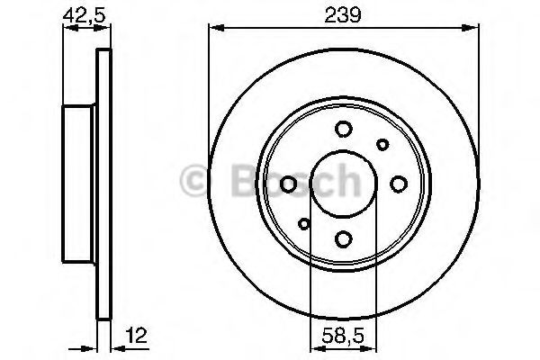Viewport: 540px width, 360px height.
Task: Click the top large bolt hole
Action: (343, 130)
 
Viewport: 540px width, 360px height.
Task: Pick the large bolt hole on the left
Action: (288, 184)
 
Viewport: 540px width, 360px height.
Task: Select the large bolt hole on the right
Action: (398, 184)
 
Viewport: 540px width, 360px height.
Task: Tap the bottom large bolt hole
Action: (343, 239)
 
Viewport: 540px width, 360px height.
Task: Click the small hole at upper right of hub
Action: (382, 145)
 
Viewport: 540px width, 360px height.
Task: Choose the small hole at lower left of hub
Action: (304, 224)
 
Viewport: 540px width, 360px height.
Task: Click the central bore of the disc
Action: (343, 184)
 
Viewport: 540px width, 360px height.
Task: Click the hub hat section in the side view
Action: (79, 184)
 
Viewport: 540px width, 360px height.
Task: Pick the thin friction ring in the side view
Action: (103, 184)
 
